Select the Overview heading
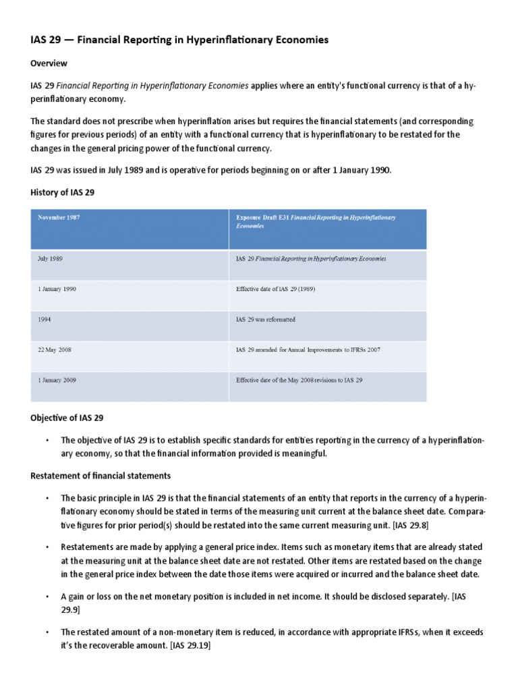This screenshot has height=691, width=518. (49, 63)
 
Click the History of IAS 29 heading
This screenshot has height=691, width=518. (63, 192)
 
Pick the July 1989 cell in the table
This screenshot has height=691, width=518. (51, 258)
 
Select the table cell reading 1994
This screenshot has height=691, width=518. (45, 319)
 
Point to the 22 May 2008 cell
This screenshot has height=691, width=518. (56, 350)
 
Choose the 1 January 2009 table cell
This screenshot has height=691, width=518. (57, 380)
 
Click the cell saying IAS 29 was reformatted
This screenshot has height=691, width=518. (266, 319)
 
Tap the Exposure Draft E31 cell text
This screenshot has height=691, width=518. (316, 222)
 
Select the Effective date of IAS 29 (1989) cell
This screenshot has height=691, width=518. (276, 289)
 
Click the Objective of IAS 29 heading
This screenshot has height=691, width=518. (67, 418)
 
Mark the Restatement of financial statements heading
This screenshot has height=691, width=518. (100, 476)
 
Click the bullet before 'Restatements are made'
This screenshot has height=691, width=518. (48, 547)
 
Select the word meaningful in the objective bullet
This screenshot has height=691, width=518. (299, 453)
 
